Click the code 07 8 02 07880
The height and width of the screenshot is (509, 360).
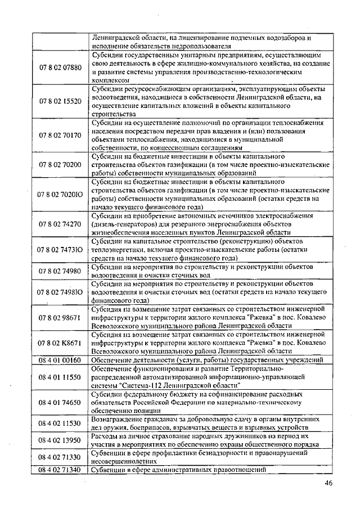tap(60, 68)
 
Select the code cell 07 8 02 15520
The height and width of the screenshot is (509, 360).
tap(60, 101)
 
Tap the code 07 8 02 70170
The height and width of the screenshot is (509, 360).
tap(60, 135)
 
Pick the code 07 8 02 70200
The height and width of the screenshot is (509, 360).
tap(60, 164)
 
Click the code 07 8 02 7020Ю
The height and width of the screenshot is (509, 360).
tap(60, 194)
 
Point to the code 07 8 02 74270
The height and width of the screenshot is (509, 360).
tap(60, 224)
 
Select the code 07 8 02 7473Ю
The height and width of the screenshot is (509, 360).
tap(60, 249)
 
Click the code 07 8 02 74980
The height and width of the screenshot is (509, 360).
tap(60, 271)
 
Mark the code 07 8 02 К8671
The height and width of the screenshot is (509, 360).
tap(60, 342)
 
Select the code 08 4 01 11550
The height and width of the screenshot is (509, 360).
tap(60, 377)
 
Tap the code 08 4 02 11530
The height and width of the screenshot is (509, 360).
tap(60, 423)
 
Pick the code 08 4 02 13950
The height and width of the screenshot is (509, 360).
tap(60, 440)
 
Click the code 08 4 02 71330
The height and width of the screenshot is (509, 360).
tap(60, 457)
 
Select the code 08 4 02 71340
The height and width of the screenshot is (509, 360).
tap(60, 470)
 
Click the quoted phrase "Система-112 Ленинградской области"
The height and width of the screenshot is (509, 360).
tap(175, 385)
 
